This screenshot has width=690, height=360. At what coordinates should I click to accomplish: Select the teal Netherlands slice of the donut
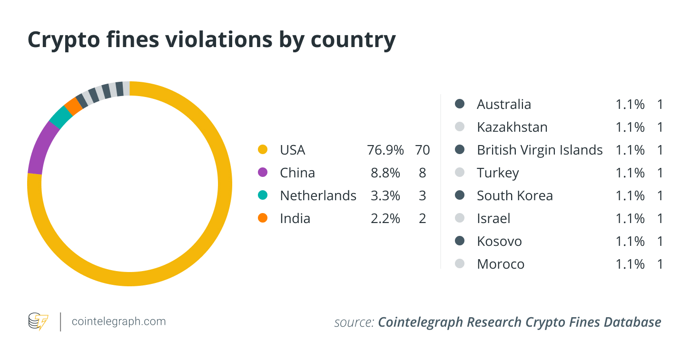60,117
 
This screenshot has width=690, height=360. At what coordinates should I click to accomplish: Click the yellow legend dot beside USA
262,150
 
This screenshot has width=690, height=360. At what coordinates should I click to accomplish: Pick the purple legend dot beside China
262,173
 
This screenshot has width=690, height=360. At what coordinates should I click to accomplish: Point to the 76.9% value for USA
385,150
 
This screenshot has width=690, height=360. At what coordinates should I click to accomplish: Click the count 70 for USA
422,150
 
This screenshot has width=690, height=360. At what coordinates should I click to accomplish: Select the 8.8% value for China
385,173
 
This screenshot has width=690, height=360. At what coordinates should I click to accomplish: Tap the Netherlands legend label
318,195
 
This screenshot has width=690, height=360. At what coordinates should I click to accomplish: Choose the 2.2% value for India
385,218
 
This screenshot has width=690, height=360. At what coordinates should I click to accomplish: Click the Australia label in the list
504,104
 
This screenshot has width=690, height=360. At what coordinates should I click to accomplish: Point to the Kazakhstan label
512,127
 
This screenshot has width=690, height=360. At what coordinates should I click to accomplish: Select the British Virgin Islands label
540,150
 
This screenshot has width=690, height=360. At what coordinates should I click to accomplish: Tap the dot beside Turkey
460,173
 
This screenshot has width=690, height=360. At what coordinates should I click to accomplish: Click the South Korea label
515,195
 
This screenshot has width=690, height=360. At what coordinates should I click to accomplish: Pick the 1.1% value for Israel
630,218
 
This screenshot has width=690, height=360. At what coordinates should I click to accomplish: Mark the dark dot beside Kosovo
460,241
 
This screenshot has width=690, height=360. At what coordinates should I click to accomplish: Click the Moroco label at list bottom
501,264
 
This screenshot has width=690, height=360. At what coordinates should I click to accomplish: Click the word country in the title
353,40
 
